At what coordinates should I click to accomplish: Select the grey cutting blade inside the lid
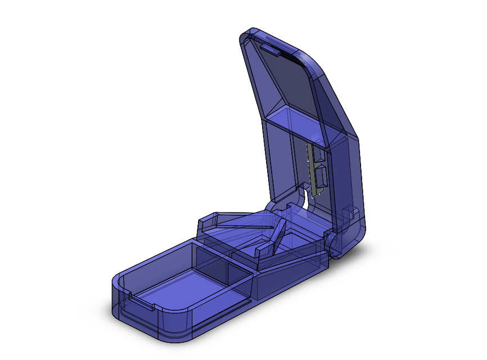(310, 169)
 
